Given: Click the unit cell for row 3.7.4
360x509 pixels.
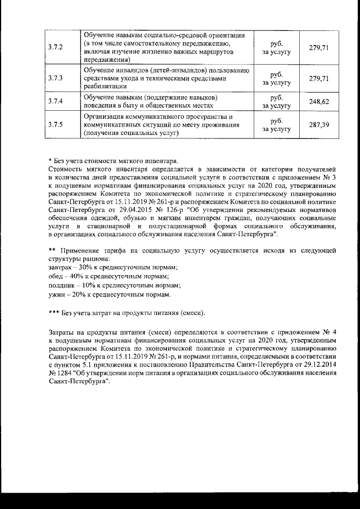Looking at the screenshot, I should pos(276,101).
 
